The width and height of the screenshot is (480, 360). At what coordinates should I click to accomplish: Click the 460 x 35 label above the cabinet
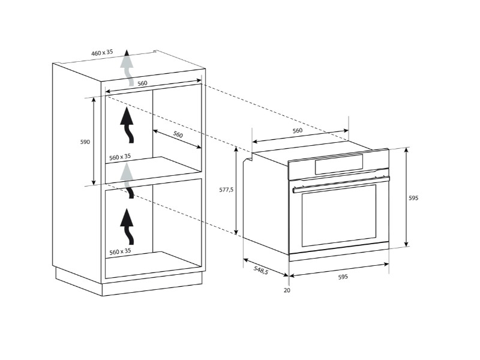102,53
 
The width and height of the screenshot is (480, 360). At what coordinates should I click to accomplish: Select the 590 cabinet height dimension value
85,142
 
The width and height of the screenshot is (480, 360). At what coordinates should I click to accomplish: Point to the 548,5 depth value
261,272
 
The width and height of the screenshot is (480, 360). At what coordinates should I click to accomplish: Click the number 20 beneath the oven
287,290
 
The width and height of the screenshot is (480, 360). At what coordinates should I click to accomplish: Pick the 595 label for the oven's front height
413,197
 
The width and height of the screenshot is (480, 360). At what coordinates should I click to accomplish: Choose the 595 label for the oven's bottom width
343,277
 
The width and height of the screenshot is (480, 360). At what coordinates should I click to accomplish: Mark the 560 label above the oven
297,130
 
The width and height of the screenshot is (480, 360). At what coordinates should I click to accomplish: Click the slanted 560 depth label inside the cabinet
178,135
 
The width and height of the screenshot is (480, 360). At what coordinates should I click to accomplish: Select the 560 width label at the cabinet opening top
142,83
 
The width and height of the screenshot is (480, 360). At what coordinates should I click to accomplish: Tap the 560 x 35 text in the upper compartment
120,157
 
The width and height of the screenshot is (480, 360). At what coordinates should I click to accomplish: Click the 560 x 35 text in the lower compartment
120,251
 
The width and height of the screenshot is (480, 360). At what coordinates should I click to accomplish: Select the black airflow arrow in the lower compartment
127,224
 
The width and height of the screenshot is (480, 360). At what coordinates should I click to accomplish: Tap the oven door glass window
338,216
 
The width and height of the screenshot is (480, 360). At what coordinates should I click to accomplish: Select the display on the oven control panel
339,164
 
